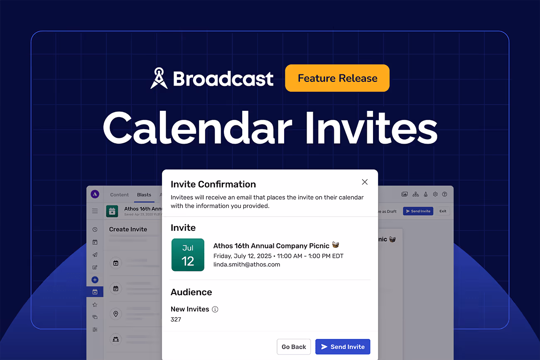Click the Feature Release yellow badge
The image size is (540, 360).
[337, 78]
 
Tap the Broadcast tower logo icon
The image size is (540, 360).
[159, 78]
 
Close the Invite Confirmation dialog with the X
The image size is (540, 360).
[365, 182]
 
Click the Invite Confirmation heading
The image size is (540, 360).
[213, 184]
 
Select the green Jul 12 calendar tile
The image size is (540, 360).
[188, 255]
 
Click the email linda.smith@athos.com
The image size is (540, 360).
[247, 264]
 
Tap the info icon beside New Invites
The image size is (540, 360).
[215, 309]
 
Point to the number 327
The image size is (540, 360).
[176, 320]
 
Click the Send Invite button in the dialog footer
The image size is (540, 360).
[343, 347]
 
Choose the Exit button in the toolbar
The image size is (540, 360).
[443, 211]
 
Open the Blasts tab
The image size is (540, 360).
[144, 195]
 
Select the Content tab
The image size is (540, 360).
[120, 195]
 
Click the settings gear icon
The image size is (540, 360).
[435, 194]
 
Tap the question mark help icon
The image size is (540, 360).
[444, 194]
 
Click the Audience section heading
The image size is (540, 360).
[191, 292]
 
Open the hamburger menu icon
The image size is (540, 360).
[95, 211]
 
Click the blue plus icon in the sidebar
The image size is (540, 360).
[95, 280]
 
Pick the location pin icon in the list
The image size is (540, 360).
[116, 314]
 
